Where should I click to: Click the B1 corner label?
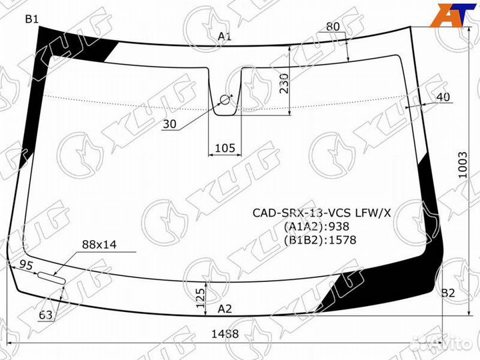[32, 19]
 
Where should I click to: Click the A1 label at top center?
[225, 37]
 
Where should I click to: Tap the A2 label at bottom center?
[225, 308]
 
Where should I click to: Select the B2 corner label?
[447, 293]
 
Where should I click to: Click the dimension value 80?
[333, 27]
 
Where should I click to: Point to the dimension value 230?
[285, 83]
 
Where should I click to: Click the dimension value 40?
[443, 97]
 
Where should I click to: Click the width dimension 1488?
[224, 334]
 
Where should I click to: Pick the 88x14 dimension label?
[99, 245]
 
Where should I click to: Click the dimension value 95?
[26, 265]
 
